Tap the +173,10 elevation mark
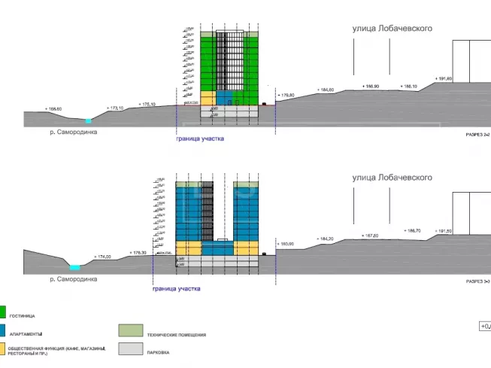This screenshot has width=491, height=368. coord(116,108)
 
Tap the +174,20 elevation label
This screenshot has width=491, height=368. coord(102,257)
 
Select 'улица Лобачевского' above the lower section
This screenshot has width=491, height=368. coord(392,178)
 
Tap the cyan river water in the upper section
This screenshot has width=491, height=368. coord(88,120)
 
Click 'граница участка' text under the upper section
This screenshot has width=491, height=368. coord(199,139)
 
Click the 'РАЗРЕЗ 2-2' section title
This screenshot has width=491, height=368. coord(477,134)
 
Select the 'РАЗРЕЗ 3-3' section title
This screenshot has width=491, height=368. coord(477,281)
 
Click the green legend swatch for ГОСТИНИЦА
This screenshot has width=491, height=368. coord(2,312)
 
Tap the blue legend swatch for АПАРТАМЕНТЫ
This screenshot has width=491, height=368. coord(2,330)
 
